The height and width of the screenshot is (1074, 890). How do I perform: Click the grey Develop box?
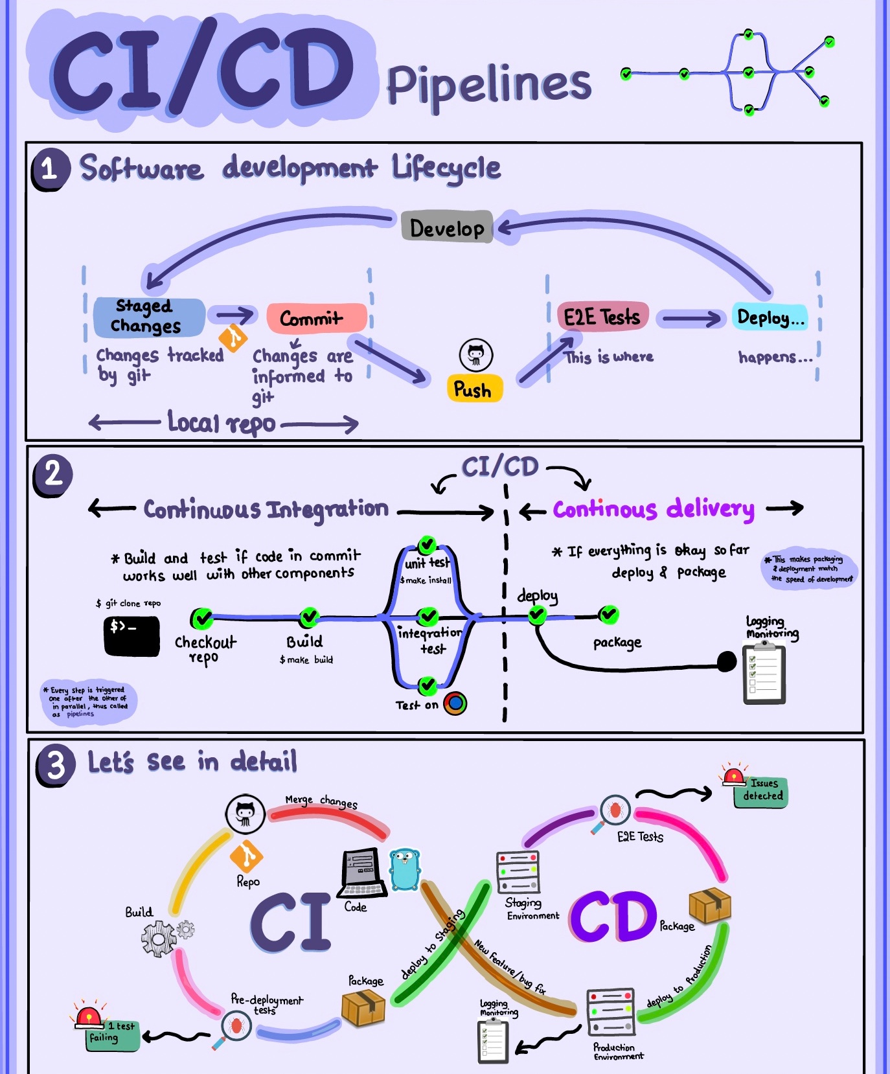pos(447,227)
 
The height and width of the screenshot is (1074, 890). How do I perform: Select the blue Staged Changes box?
pos(149,317)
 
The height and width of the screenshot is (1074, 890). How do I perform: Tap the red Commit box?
pos(316,318)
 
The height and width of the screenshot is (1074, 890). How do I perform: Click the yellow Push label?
pos(474,389)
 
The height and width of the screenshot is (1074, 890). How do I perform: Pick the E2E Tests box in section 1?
pos(602,317)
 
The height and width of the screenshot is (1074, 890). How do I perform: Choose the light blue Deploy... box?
pos(770,317)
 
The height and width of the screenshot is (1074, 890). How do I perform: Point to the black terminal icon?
pos(131,636)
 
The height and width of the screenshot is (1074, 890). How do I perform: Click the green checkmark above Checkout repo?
pos(202,618)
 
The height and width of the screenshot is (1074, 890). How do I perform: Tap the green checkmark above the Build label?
pos(310,617)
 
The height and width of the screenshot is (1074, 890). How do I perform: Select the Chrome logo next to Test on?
pos(455,703)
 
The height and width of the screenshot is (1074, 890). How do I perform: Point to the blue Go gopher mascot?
pos(405,869)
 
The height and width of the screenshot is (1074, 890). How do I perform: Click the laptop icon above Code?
pos(363,872)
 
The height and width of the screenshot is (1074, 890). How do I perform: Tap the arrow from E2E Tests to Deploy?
pos(690,318)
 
